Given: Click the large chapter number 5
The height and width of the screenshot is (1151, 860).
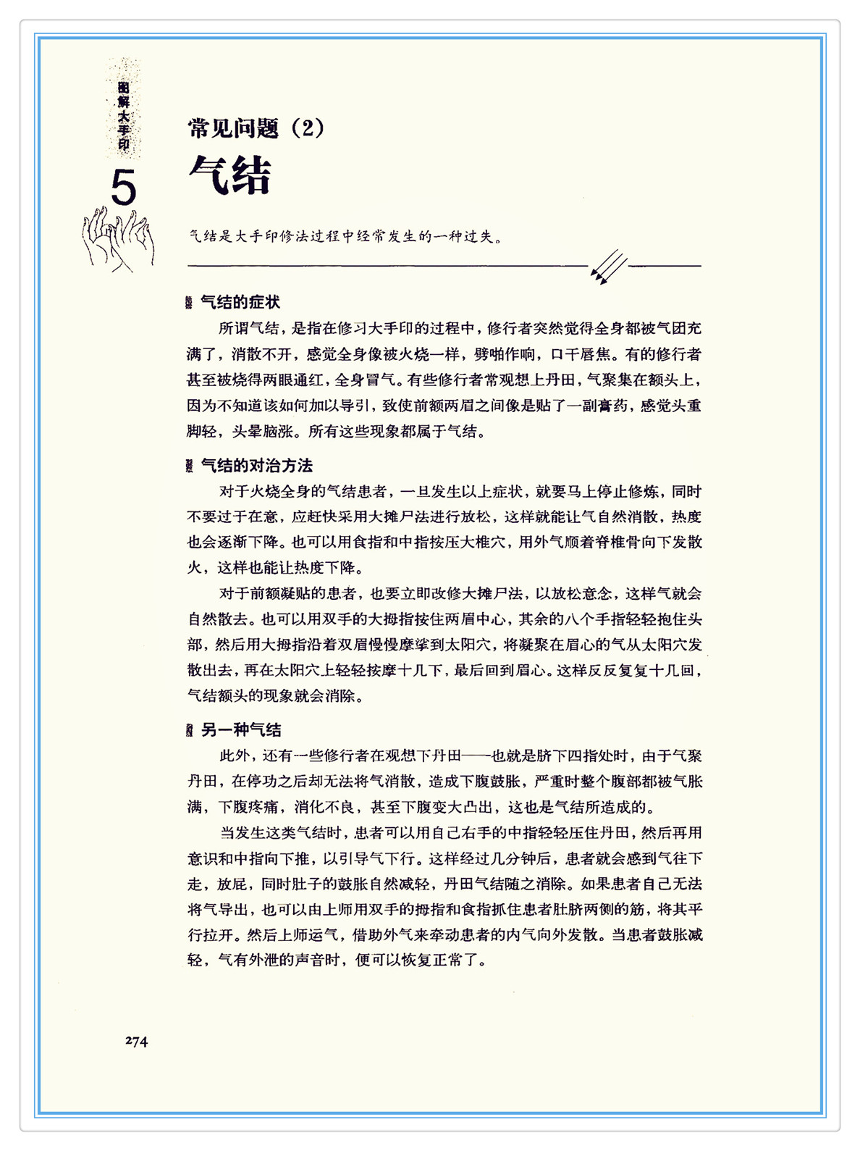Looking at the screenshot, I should [x=124, y=188].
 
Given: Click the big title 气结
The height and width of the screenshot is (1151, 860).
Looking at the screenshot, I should [x=229, y=175].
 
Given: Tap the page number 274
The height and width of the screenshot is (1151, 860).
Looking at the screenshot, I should [x=136, y=1041].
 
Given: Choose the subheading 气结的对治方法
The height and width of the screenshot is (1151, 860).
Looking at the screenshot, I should [x=256, y=466].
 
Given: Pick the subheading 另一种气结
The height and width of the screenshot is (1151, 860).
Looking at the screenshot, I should [x=241, y=730].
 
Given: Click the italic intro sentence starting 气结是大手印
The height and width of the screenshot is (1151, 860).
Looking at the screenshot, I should [x=345, y=237].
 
